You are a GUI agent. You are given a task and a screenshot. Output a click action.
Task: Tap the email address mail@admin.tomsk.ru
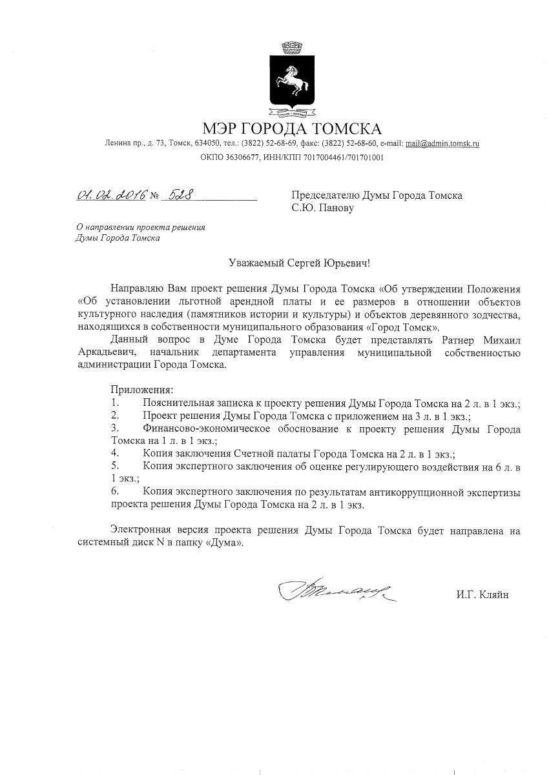click(x=442, y=143)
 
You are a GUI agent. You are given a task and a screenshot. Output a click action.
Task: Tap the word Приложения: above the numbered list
click(x=142, y=389)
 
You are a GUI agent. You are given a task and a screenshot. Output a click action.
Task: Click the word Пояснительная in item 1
click(x=179, y=403)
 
